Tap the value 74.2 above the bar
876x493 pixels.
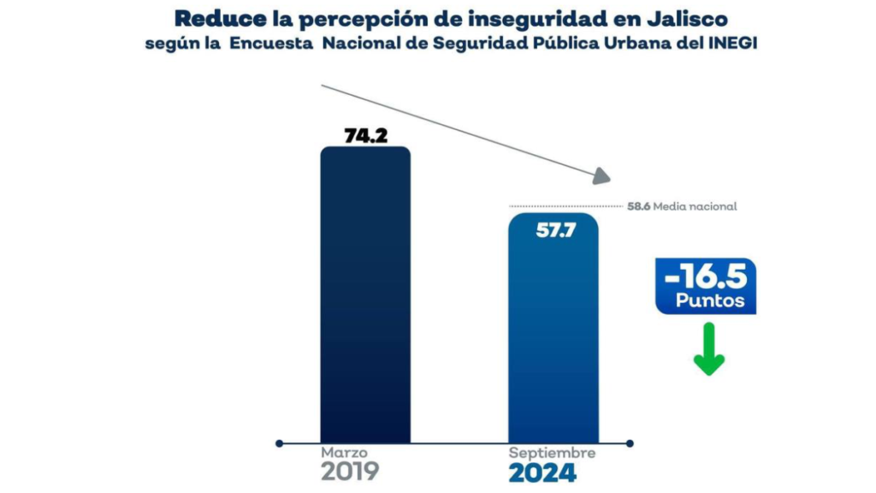(x=365, y=135)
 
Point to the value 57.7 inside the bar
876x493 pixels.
(x=555, y=230)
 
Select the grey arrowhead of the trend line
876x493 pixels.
(x=603, y=175)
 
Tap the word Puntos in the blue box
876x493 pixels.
(x=709, y=301)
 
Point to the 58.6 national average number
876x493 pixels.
(x=638, y=206)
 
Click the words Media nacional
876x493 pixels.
(x=695, y=206)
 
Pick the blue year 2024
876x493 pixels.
(x=542, y=473)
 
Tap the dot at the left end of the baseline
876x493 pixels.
(x=280, y=443)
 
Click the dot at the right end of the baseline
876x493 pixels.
(x=630, y=443)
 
